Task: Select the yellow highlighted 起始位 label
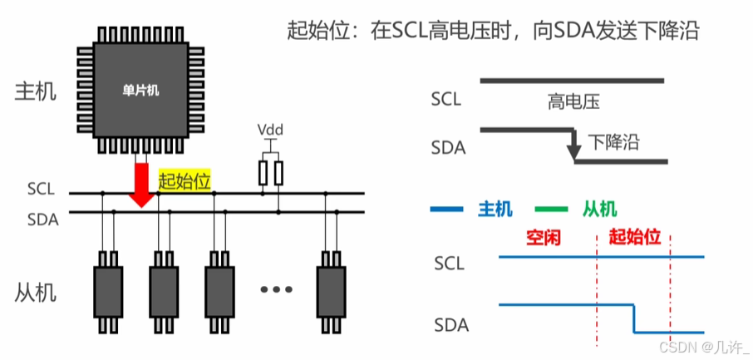tap(185, 179)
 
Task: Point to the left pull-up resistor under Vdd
tap(263, 173)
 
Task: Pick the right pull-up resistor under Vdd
tap(278, 173)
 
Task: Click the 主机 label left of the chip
tap(36, 91)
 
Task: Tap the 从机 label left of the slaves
tap(36, 292)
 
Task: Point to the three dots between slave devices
tap(277, 290)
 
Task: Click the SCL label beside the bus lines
tap(40, 189)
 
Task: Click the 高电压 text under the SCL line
tap(573, 103)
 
